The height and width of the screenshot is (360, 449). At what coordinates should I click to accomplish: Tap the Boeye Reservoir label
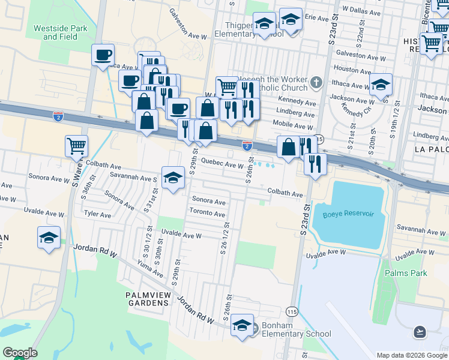point(348,215)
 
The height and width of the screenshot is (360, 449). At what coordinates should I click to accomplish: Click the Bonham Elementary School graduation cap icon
point(243,325)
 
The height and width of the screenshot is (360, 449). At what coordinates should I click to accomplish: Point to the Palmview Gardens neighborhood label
point(148,299)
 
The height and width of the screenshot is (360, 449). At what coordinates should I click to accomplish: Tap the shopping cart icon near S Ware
point(77,145)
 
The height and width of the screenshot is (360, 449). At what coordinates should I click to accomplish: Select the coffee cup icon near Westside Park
point(103,55)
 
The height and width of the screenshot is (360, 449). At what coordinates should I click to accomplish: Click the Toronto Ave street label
point(207,214)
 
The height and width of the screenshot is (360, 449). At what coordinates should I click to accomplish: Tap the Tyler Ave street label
point(98,214)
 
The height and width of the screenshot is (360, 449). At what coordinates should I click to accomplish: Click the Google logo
point(20,353)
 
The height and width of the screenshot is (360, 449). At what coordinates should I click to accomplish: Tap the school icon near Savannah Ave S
point(173,177)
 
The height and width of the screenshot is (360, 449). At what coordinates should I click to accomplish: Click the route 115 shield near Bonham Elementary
point(292,311)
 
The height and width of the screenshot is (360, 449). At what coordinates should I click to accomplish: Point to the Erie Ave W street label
point(319,18)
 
